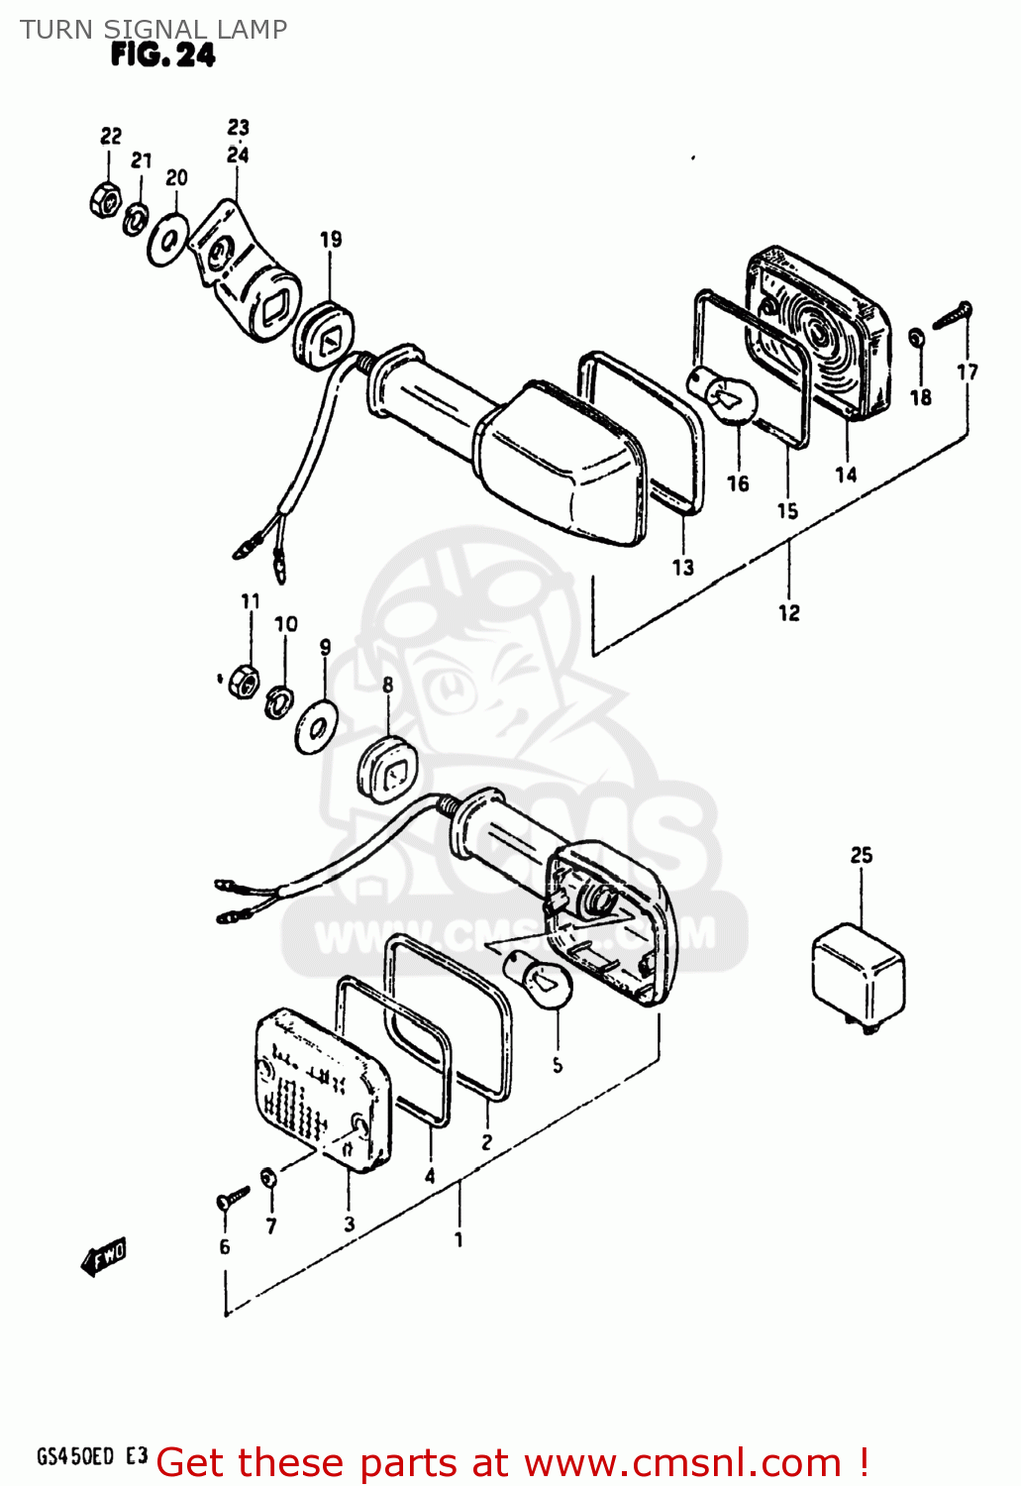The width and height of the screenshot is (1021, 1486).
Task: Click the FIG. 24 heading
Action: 162,55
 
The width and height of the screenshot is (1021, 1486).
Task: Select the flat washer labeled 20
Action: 168,239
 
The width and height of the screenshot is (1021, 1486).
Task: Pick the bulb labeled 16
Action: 730,393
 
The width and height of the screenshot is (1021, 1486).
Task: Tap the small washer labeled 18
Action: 917,338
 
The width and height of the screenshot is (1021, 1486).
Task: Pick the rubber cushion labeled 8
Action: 387,766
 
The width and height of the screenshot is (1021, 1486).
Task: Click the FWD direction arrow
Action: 104,1258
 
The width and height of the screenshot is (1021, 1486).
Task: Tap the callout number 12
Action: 788,613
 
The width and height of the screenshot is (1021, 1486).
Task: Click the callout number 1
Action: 459,1239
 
